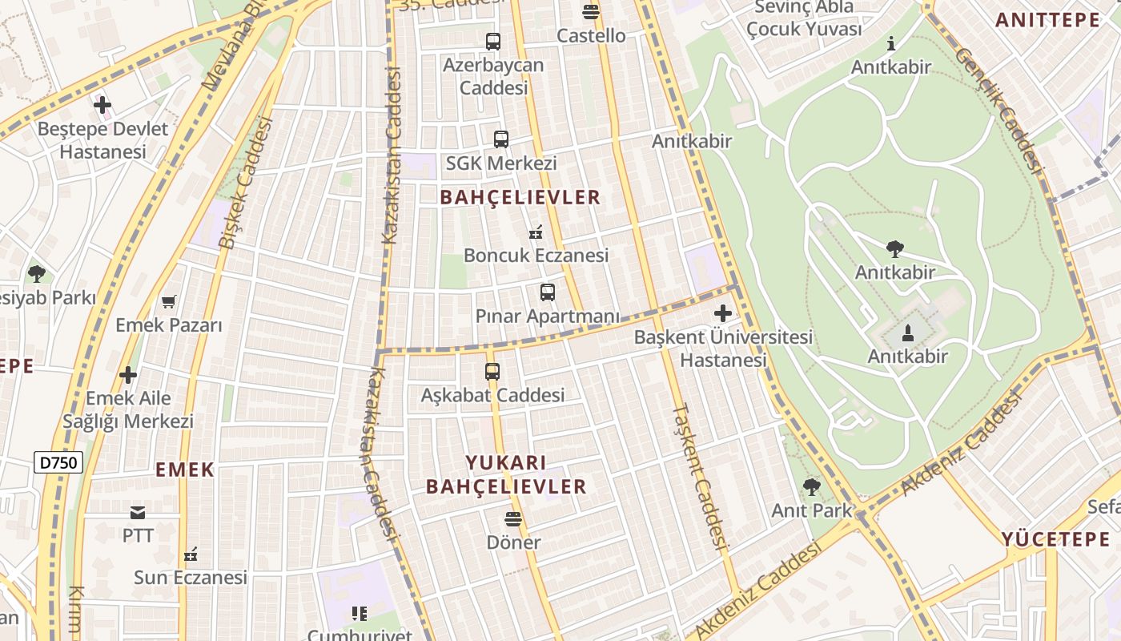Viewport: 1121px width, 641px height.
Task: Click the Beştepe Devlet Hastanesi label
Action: click(103, 140)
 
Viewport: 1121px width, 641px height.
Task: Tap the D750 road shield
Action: click(58, 462)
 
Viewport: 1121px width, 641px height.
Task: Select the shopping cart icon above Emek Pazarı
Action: click(168, 301)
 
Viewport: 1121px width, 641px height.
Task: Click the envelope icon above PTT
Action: click(138, 512)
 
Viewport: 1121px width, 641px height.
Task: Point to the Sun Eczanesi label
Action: click(191, 577)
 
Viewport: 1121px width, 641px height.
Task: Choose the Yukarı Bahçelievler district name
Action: click(506, 474)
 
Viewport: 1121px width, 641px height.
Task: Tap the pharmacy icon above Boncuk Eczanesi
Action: click(536, 233)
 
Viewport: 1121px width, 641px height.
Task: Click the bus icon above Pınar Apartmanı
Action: click(548, 292)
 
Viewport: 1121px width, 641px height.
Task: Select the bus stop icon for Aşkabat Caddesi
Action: click(492, 372)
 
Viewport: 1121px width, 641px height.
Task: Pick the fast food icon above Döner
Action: click(513, 519)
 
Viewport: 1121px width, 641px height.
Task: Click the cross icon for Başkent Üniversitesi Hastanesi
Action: click(723, 313)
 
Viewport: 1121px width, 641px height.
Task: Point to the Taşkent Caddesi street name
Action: click(700, 476)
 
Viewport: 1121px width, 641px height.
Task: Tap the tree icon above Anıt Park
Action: click(811, 486)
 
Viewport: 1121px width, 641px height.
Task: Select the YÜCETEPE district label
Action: click(1055, 539)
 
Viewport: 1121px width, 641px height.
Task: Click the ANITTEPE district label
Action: click(1047, 20)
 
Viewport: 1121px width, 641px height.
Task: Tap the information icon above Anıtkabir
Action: click(891, 44)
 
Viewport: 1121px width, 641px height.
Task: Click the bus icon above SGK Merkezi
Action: click(501, 139)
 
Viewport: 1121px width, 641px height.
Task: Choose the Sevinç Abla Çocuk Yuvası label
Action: click(804, 18)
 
